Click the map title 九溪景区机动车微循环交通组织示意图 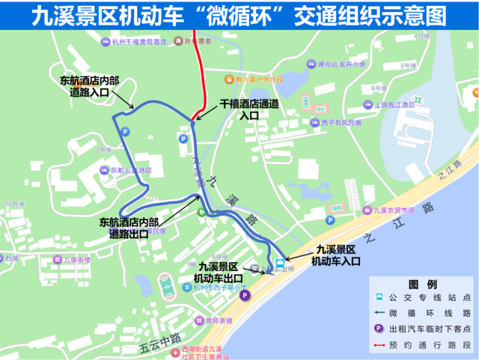(x=239, y=14)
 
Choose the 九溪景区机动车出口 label (x=219, y=272)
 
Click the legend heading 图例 (x=422, y=285)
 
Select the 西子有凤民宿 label (x=336, y=122)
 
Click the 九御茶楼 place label (x=76, y=260)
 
